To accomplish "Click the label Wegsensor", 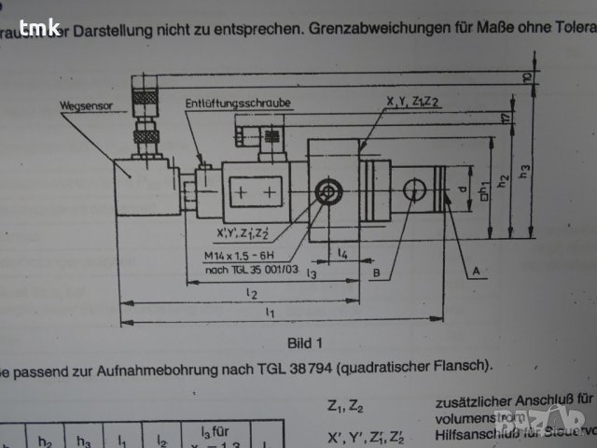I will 86,107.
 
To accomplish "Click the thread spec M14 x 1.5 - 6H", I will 241,255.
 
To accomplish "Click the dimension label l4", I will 342,253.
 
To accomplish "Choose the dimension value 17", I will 504,119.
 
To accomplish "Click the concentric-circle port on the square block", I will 328,193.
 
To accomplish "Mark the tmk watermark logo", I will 40,28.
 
